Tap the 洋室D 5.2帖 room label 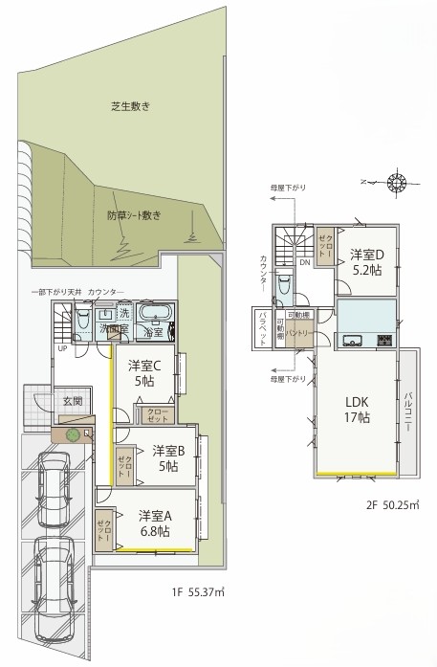366,262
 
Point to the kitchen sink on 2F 351,339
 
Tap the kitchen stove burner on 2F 386,339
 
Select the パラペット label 263,329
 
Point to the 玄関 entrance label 72,400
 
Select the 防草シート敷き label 134,215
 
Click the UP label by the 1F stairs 61,348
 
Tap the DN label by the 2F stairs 303,262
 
